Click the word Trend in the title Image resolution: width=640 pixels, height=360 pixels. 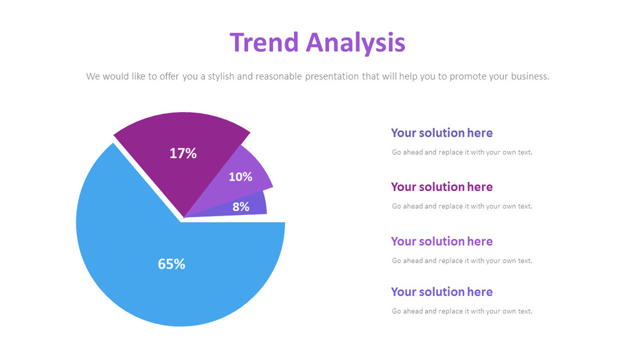coord(264,43)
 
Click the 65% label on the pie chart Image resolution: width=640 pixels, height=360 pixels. coord(172,264)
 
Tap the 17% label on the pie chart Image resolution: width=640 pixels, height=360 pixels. coord(183,153)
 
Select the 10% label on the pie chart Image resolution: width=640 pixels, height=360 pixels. coord(240,177)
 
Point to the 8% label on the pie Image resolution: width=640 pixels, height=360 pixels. coord(241,207)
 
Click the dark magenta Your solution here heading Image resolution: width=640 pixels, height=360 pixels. coord(442,187)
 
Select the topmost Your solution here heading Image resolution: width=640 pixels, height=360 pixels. coord(442,133)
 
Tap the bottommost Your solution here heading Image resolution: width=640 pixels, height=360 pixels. coord(442,292)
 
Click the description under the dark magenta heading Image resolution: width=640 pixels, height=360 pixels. coord(462,207)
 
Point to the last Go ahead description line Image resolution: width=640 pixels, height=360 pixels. coord(462,311)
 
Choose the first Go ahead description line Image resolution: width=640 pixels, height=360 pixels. coord(462,153)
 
